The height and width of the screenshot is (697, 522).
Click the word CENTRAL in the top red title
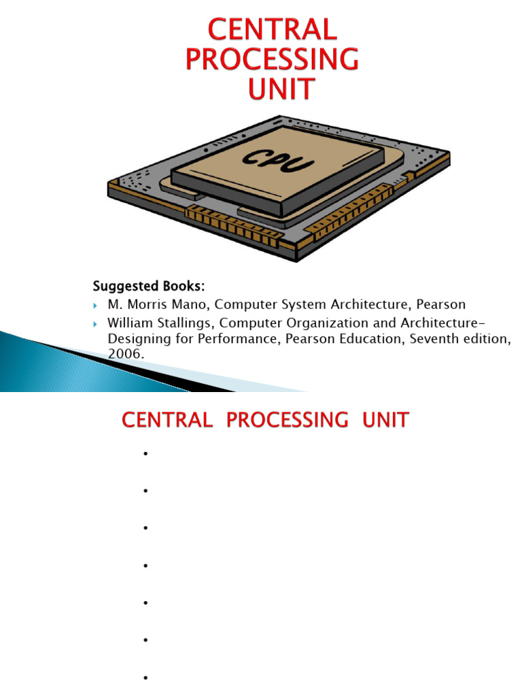pyautogui.click(x=272, y=29)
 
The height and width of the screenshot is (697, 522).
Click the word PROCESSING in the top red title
pyautogui.click(x=272, y=59)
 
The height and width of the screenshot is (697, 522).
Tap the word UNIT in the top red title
pyautogui.click(x=281, y=89)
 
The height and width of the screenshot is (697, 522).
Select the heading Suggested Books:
pyautogui.click(x=148, y=284)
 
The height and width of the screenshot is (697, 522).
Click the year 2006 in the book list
pyautogui.click(x=126, y=354)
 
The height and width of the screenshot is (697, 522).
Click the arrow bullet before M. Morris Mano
pyautogui.click(x=96, y=305)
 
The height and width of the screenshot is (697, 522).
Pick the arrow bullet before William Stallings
pyautogui.click(x=96, y=323)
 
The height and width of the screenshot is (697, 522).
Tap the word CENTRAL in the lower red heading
pyautogui.click(x=167, y=420)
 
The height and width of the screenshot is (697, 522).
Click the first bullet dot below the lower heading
pyautogui.click(x=145, y=453)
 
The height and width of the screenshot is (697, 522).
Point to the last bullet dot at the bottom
pyautogui.click(x=145, y=677)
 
